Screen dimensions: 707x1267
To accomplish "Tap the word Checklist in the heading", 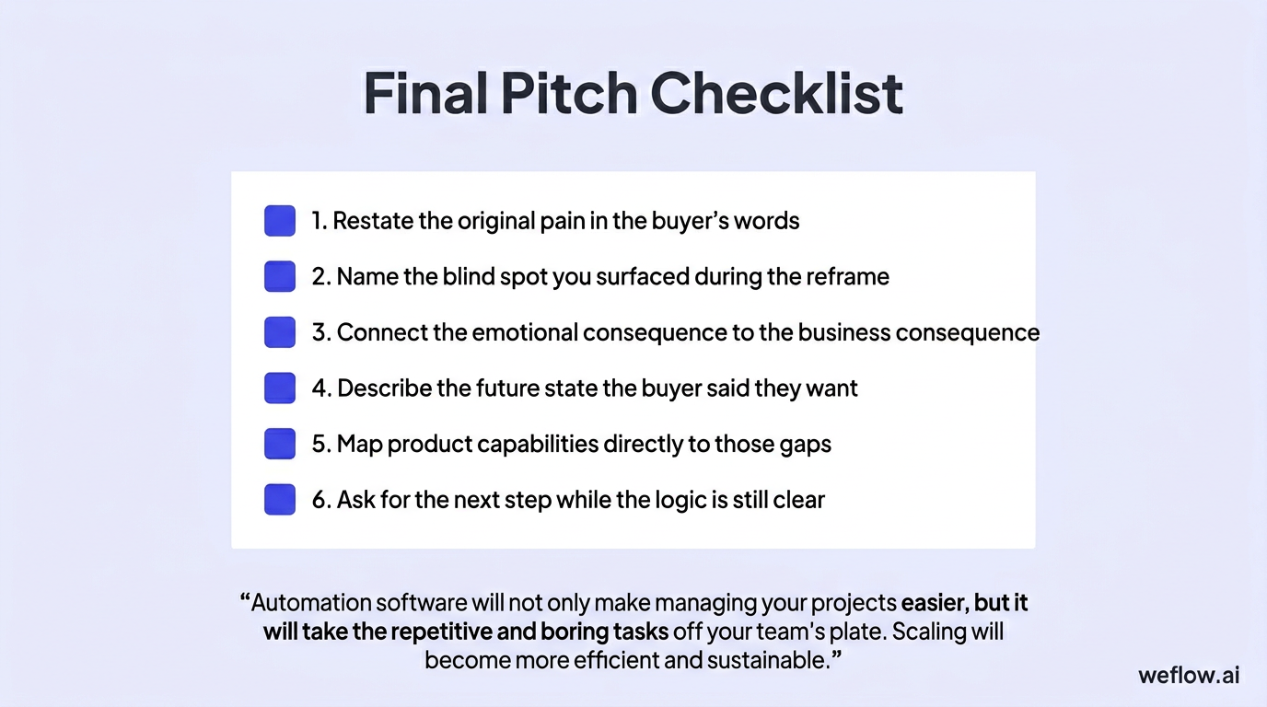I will (x=776, y=94).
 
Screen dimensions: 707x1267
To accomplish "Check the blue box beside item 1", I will (x=280, y=221).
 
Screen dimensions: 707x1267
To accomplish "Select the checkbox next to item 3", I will (x=280, y=332).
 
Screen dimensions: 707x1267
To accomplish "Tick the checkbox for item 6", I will (x=280, y=500).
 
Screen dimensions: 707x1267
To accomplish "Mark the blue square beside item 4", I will (x=280, y=388).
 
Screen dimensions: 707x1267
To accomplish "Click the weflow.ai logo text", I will (x=1188, y=675).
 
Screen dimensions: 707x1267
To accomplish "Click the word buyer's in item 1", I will (x=690, y=221).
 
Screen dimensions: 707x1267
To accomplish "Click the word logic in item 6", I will (x=657, y=500).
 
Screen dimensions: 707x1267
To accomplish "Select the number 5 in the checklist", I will (x=320, y=444).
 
